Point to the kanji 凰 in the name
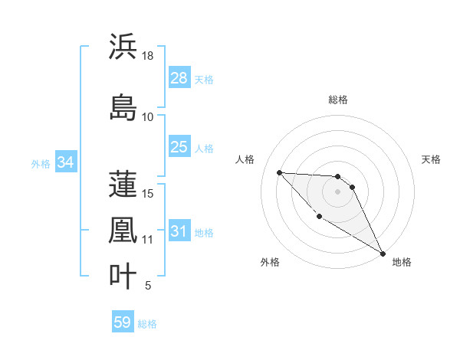click(123, 230)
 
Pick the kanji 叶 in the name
click(123, 277)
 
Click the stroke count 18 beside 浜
click(148, 56)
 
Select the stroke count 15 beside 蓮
click(148, 193)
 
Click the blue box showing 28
click(179, 78)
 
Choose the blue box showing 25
click(179, 147)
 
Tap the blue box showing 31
click(179, 231)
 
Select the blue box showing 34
click(65, 162)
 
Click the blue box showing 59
click(123, 322)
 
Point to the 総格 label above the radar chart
click(338, 100)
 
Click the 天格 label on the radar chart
click(432, 159)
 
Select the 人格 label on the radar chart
click(245, 159)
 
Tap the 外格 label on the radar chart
click(269, 262)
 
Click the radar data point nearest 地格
click(383, 254)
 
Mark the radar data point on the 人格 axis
click(279, 172)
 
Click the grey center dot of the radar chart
click(338, 191)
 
